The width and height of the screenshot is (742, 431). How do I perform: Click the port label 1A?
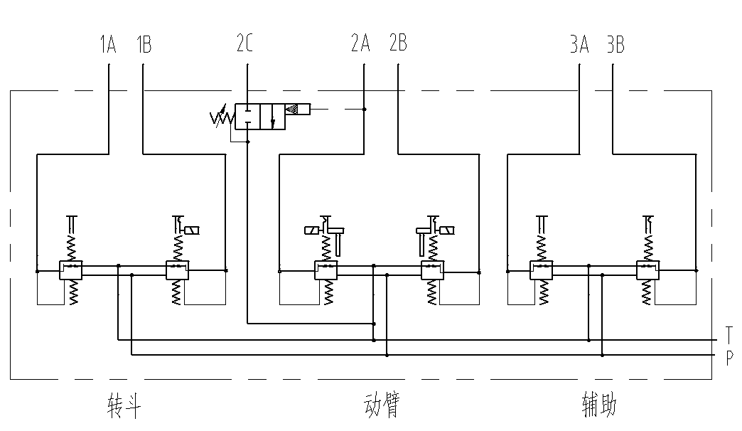(x=108, y=46)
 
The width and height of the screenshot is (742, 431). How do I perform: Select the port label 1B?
(x=144, y=46)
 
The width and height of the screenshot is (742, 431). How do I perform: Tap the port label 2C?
(x=245, y=44)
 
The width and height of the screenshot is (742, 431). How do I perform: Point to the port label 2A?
(x=360, y=44)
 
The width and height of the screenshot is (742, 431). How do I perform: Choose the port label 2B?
(x=398, y=44)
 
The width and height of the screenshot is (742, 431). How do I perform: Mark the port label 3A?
(x=579, y=46)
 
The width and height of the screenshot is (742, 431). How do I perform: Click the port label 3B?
(x=615, y=46)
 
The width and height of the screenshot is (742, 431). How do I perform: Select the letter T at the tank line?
(x=729, y=334)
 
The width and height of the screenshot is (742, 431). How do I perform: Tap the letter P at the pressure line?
(x=729, y=358)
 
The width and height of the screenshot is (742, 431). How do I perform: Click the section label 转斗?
(x=124, y=406)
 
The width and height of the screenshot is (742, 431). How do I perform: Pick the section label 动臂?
(x=380, y=406)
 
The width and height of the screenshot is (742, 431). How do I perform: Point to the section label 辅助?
(x=599, y=406)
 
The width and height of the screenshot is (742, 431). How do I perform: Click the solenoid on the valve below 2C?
(x=298, y=109)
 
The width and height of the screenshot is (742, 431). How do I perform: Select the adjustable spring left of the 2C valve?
(x=222, y=116)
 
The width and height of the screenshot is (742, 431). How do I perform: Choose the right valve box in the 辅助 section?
(x=648, y=270)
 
